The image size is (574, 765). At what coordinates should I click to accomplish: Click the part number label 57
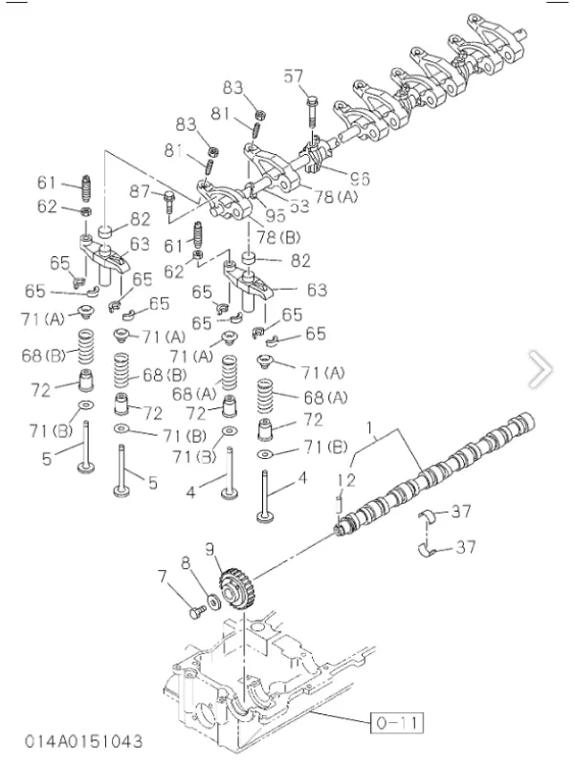click(x=294, y=76)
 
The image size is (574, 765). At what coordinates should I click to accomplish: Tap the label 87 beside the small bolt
click(x=142, y=191)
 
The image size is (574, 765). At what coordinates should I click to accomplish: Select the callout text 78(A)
click(x=337, y=196)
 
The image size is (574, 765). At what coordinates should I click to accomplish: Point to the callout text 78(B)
click(x=276, y=235)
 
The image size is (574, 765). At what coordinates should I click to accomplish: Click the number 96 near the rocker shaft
click(x=359, y=178)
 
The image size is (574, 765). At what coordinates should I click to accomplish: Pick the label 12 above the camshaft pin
click(x=345, y=479)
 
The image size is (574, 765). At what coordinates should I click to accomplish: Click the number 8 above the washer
click(x=187, y=563)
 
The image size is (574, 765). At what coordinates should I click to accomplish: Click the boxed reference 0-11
click(x=394, y=720)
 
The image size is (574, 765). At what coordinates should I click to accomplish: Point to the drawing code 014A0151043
click(x=84, y=741)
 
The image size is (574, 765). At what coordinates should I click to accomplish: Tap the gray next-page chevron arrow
click(x=541, y=368)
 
